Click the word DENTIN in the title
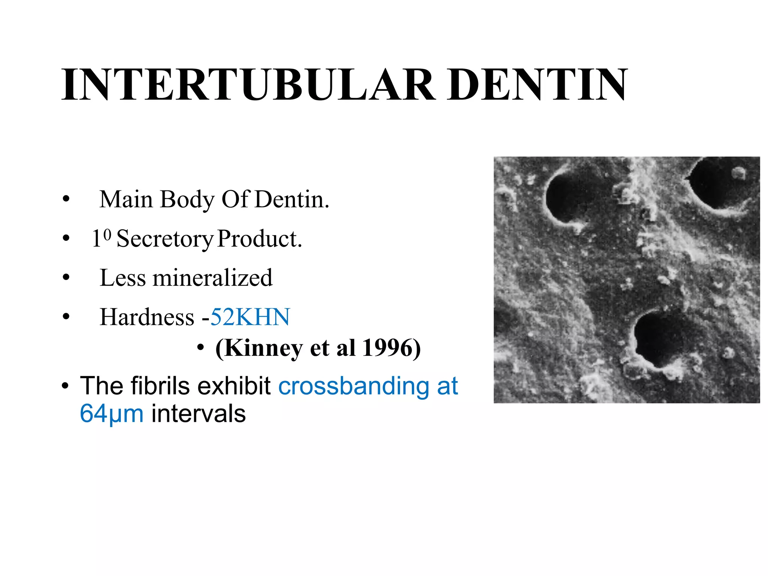point(537,85)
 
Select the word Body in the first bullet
point(187,200)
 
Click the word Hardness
point(147,317)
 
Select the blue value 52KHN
point(250,317)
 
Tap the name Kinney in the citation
point(259,348)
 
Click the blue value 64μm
point(112,414)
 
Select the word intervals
point(198,414)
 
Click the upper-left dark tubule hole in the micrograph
point(564,197)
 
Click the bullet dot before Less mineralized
point(66,278)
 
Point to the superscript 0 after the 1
point(107,234)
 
